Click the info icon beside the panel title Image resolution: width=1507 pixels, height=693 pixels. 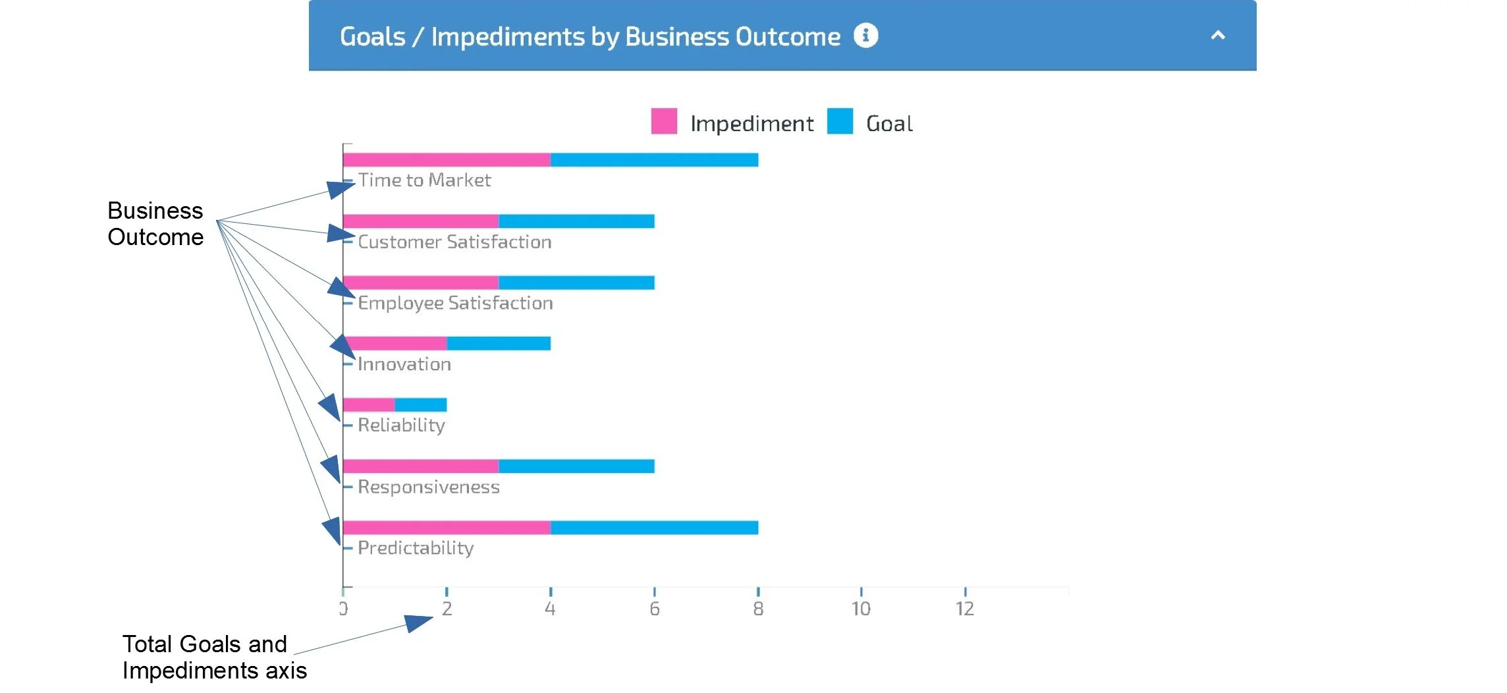865,35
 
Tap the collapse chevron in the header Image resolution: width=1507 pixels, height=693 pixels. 1218,36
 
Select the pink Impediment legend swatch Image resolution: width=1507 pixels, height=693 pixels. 663,121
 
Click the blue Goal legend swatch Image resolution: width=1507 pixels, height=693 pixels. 840,121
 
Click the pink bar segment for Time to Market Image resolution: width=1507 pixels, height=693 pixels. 447,160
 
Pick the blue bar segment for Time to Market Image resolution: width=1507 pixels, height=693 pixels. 654,160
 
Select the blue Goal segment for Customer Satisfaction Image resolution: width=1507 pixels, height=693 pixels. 576,221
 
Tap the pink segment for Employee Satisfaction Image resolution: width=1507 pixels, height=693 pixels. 420,283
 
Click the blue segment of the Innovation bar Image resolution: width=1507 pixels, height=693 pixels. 499,343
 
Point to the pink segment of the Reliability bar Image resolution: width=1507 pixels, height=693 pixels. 369,404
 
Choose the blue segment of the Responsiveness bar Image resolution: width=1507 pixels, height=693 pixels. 576,466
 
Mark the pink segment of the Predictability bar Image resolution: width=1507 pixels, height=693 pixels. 447,528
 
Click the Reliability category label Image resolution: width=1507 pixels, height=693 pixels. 401,426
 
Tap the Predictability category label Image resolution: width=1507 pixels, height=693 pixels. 416,548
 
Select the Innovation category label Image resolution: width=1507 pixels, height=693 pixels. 404,364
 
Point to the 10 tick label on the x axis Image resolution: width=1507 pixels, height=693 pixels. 861,609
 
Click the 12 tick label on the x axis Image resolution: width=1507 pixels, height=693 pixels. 965,609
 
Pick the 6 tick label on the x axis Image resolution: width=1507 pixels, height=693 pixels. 654,609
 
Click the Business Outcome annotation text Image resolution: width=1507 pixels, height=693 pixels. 155,224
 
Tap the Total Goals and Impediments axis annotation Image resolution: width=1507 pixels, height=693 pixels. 214,657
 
